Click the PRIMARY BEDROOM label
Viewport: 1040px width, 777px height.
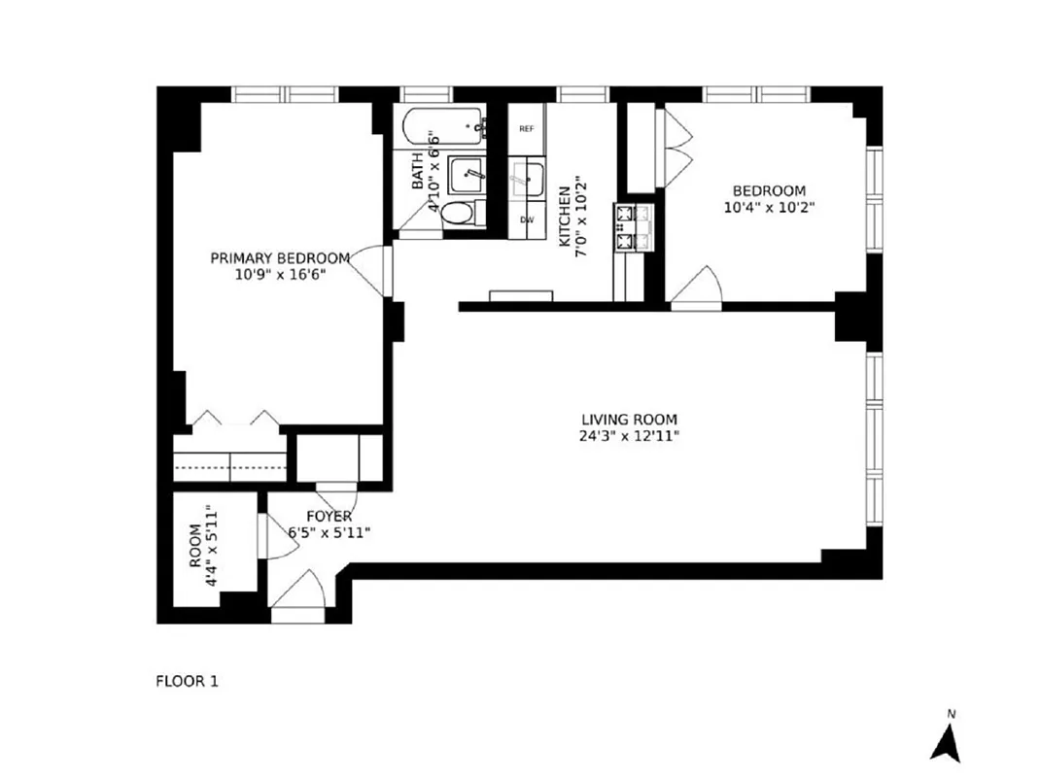[x=280, y=257]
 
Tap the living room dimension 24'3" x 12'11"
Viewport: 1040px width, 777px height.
[x=626, y=436]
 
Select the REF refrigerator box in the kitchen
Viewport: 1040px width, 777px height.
[x=527, y=128]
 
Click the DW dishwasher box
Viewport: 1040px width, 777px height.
[x=527, y=220]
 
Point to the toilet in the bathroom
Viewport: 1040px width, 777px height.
[x=460, y=214]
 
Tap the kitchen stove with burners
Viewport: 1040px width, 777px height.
[x=624, y=227]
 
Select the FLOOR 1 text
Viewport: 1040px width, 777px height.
[x=188, y=681]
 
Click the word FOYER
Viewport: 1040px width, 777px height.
[x=329, y=517]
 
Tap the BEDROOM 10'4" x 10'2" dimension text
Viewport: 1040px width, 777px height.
[x=769, y=207]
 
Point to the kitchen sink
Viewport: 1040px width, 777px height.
[x=528, y=179]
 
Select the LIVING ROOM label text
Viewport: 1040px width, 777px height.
[x=626, y=419]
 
